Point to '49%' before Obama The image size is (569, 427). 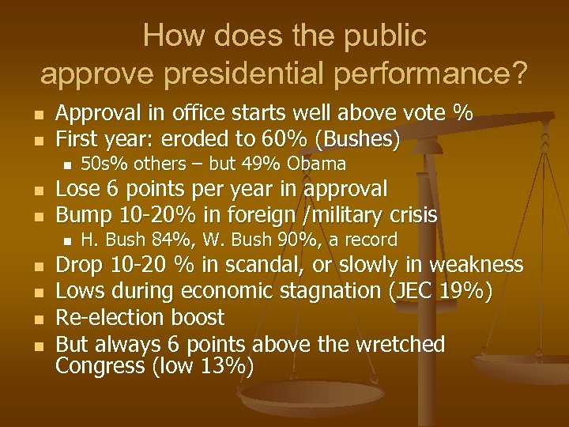(266, 164)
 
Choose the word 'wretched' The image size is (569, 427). (399, 344)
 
